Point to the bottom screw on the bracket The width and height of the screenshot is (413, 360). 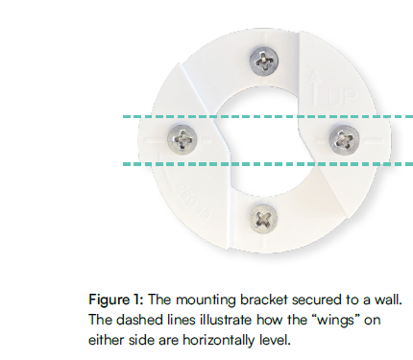[261, 216]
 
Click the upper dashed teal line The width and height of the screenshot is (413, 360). [144, 118]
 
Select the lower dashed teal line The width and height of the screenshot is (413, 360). [144, 164]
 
